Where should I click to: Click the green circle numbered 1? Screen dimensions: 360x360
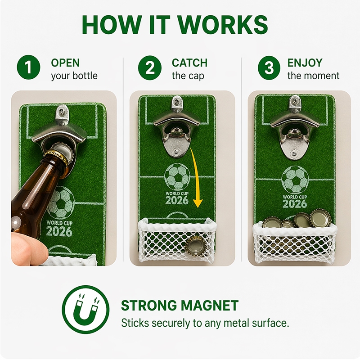point(28,67)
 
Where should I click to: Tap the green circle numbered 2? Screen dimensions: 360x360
point(150,67)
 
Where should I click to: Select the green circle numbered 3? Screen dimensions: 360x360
point(269,68)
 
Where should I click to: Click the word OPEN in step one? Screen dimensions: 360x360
point(65,63)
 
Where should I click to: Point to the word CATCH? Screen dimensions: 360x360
point(189,63)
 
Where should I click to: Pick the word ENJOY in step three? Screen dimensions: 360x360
point(305,63)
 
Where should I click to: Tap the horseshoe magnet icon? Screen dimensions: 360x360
point(85,309)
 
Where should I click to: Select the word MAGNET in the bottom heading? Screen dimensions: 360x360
point(209,306)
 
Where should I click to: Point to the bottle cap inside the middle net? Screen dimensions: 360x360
point(195,246)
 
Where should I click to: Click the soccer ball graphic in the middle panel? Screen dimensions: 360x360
point(177,177)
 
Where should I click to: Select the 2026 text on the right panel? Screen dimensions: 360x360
point(295,204)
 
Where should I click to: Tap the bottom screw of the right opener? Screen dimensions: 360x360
point(293,153)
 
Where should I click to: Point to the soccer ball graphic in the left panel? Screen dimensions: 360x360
point(60,202)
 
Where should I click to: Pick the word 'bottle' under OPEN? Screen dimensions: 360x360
point(86,76)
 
